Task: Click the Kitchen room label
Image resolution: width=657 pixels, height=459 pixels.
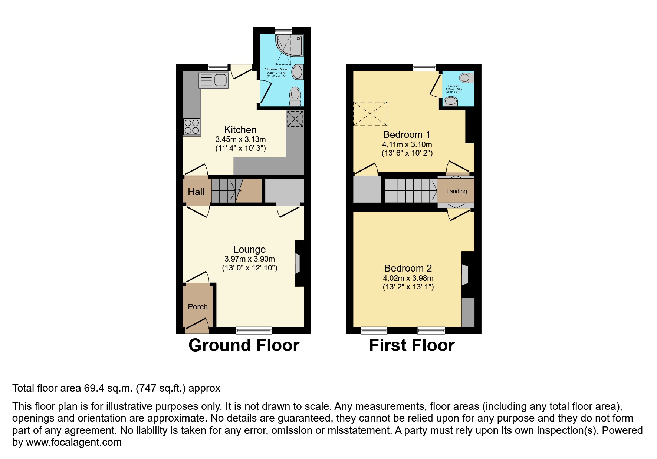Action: [x=240, y=130]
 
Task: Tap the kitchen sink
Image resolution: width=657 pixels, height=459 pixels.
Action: [x=214, y=80]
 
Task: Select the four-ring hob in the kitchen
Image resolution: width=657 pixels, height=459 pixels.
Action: [x=192, y=126]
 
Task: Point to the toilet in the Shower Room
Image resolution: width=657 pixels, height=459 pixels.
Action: [x=295, y=96]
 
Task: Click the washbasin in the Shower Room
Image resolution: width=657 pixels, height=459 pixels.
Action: [x=298, y=72]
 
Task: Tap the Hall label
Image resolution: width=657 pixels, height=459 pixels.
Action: [x=196, y=192]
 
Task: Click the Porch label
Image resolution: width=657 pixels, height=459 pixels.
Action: [x=197, y=307]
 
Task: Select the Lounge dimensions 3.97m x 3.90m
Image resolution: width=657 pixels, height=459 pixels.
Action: [x=249, y=259]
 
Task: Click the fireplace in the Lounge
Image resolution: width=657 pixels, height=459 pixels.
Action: [x=298, y=263]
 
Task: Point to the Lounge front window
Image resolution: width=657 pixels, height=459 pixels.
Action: [x=254, y=330]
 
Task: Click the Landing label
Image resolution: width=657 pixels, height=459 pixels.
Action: [x=456, y=191]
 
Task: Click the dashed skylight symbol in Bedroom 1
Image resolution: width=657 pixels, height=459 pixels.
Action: [x=370, y=114]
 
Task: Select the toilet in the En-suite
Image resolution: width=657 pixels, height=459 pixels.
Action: [x=466, y=78]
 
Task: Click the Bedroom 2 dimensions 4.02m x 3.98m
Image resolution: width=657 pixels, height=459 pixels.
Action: [x=408, y=278]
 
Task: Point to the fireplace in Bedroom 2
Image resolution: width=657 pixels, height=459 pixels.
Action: [x=464, y=275]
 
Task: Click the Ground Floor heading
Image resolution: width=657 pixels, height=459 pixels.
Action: [x=244, y=345]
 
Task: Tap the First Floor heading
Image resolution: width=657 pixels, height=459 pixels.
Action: [x=411, y=345]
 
